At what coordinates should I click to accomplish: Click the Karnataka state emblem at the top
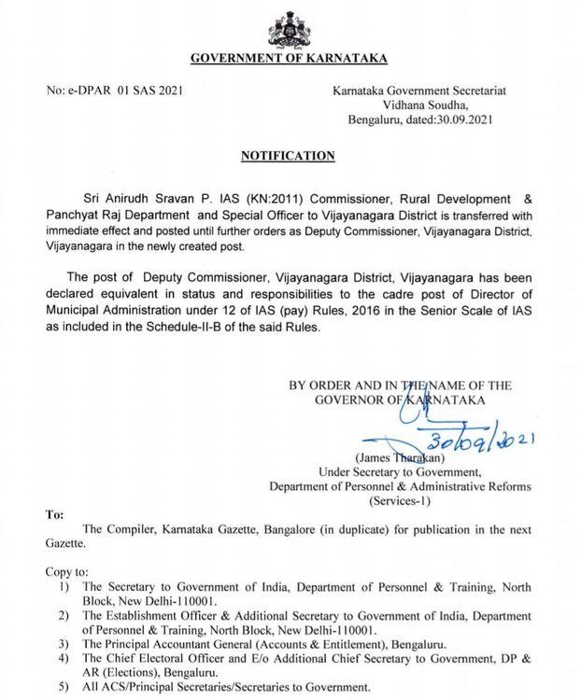point(290,28)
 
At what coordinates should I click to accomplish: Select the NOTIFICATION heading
point(290,155)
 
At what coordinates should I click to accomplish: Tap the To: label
point(55,514)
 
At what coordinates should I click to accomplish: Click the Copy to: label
point(68,569)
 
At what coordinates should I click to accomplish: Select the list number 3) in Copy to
point(64,644)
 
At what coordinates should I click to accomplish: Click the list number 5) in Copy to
point(64,687)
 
